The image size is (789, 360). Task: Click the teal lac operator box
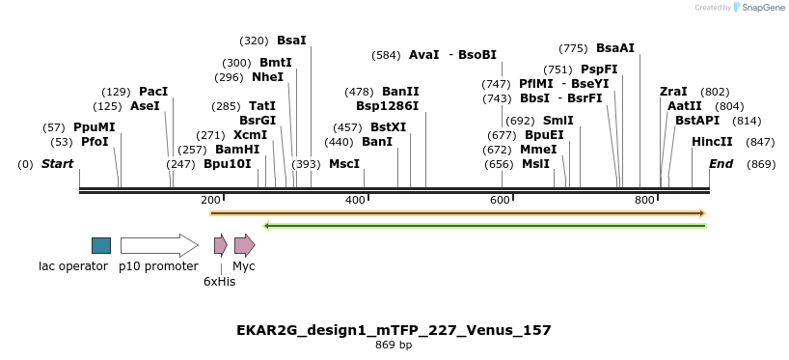point(101,245)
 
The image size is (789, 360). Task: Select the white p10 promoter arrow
point(158,245)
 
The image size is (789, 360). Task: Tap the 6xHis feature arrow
point(220,245)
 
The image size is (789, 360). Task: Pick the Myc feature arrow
point(244,245)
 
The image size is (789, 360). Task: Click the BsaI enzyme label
point(291,41)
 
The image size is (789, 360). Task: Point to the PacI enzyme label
point(153,91)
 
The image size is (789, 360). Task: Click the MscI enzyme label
point(344,164)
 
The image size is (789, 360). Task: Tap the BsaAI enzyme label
point(615,47)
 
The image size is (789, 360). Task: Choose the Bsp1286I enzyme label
point(388,105)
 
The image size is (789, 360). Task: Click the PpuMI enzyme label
point(94,127)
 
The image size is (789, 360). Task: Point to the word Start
point(57,164)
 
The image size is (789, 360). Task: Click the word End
point(721,164)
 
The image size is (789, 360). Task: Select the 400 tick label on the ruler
point(355,200)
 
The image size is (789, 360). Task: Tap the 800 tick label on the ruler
point(644,200)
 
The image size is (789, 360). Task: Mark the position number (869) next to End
point(761,164)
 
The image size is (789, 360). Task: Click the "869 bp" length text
point(394,345)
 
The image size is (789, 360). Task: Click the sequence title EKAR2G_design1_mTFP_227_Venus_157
point(394,330)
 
